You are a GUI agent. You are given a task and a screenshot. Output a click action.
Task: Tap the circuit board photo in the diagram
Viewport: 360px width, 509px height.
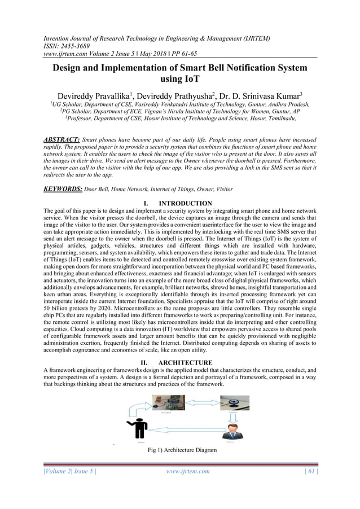click(x=168, y=402)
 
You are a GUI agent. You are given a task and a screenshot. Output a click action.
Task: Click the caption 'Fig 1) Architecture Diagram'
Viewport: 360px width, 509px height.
click(x=179, y=450)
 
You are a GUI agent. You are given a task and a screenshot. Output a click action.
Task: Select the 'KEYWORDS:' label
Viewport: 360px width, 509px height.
click(x=63, y=189)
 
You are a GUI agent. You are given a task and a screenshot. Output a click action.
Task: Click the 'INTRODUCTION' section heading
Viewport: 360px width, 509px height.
click(x=186, y=203)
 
